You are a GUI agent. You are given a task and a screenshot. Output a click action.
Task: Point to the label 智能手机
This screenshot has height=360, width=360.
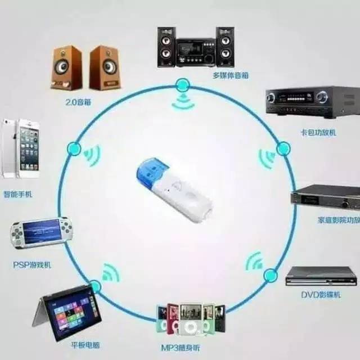point(18,194)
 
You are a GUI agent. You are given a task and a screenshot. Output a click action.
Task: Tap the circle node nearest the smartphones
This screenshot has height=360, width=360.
point(74,149)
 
